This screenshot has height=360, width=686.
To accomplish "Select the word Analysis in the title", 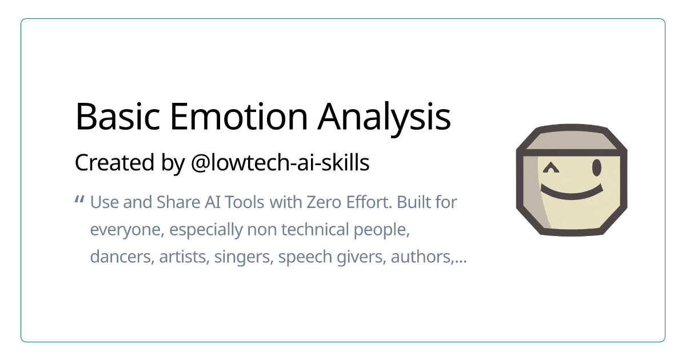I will (385, 117).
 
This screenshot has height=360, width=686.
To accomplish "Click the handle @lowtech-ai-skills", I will (280, 163).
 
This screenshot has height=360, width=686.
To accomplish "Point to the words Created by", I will (122, 163).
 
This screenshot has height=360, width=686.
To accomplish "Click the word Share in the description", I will (176, 202).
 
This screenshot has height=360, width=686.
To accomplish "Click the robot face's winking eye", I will (551, 168).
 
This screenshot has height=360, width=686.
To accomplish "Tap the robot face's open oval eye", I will (597, 168).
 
